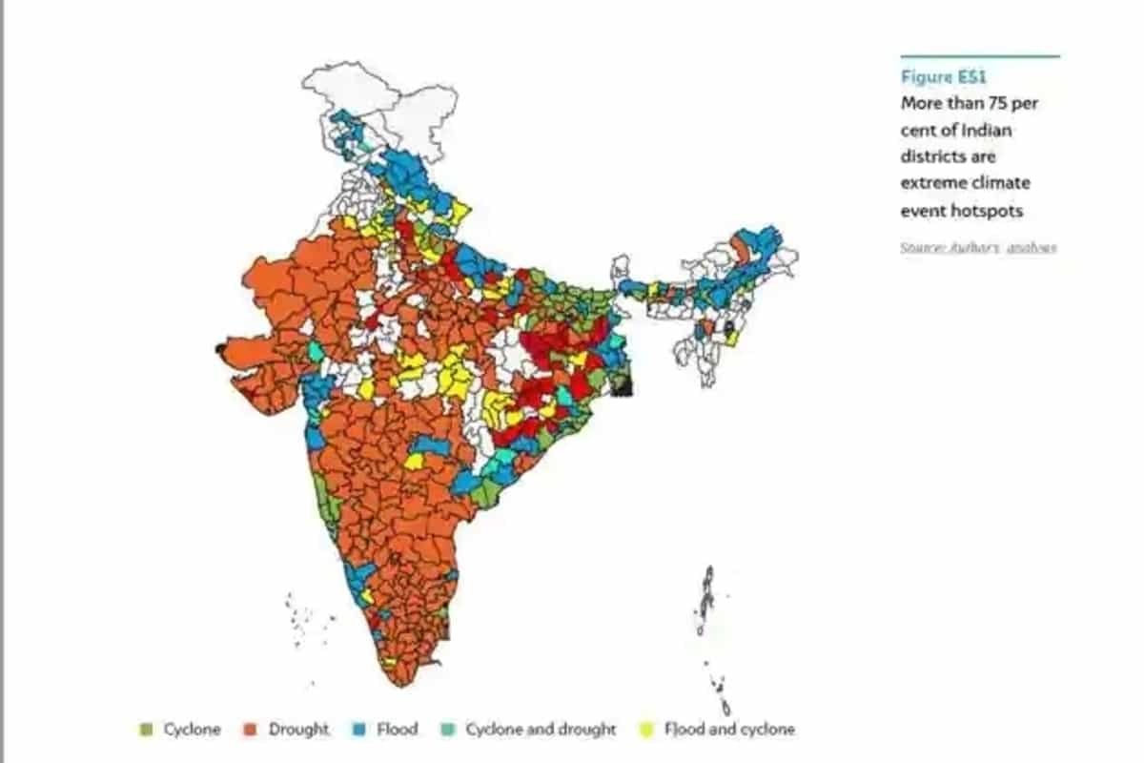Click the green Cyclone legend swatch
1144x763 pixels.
tap(146, 730)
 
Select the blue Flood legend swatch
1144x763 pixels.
tap(359, 730)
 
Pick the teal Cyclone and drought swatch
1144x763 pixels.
tap(447, 730)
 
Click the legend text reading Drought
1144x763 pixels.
tap(299, 730)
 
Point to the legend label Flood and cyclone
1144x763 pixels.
tap(729, 730)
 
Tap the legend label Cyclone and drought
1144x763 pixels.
tap(541, 730)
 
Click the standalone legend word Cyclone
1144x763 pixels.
tap(192, 730)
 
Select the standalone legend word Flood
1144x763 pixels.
tap(397, 730)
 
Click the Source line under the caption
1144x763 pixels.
tap(978, 247)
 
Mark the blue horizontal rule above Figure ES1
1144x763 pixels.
tap(979, 56)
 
